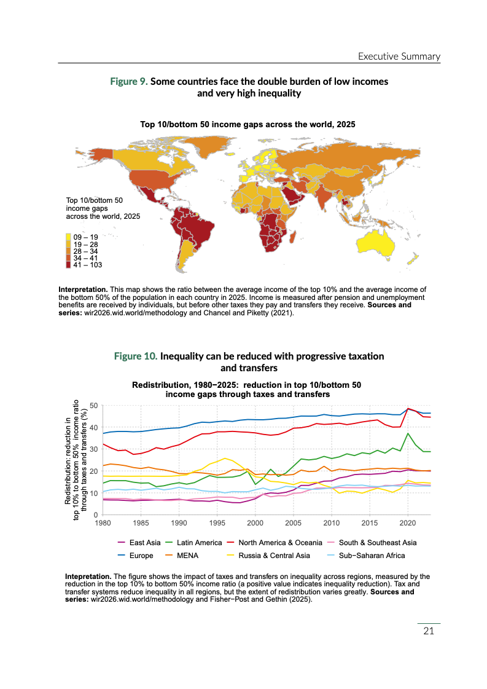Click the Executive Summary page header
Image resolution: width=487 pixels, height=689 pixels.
pyautogui.click(x=399, y=57)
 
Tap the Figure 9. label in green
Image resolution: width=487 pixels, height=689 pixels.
pyautogui.click(x=128, y=82)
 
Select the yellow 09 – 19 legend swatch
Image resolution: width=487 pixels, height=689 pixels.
pyautogui.click(x=69, y=237)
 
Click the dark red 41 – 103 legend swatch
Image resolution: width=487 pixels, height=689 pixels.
pyautogui.click(x=69, y=265)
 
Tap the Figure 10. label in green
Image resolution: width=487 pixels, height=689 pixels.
pyautogui.click(x=136, y=356)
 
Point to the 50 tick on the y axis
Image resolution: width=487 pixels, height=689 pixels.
pyautogui.click(x=94, y=406)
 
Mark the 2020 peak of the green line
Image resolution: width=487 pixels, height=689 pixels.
pyautogui.click(x=408, y=433)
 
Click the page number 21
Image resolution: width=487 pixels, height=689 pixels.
pyautogui.click(x=429, y=632)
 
